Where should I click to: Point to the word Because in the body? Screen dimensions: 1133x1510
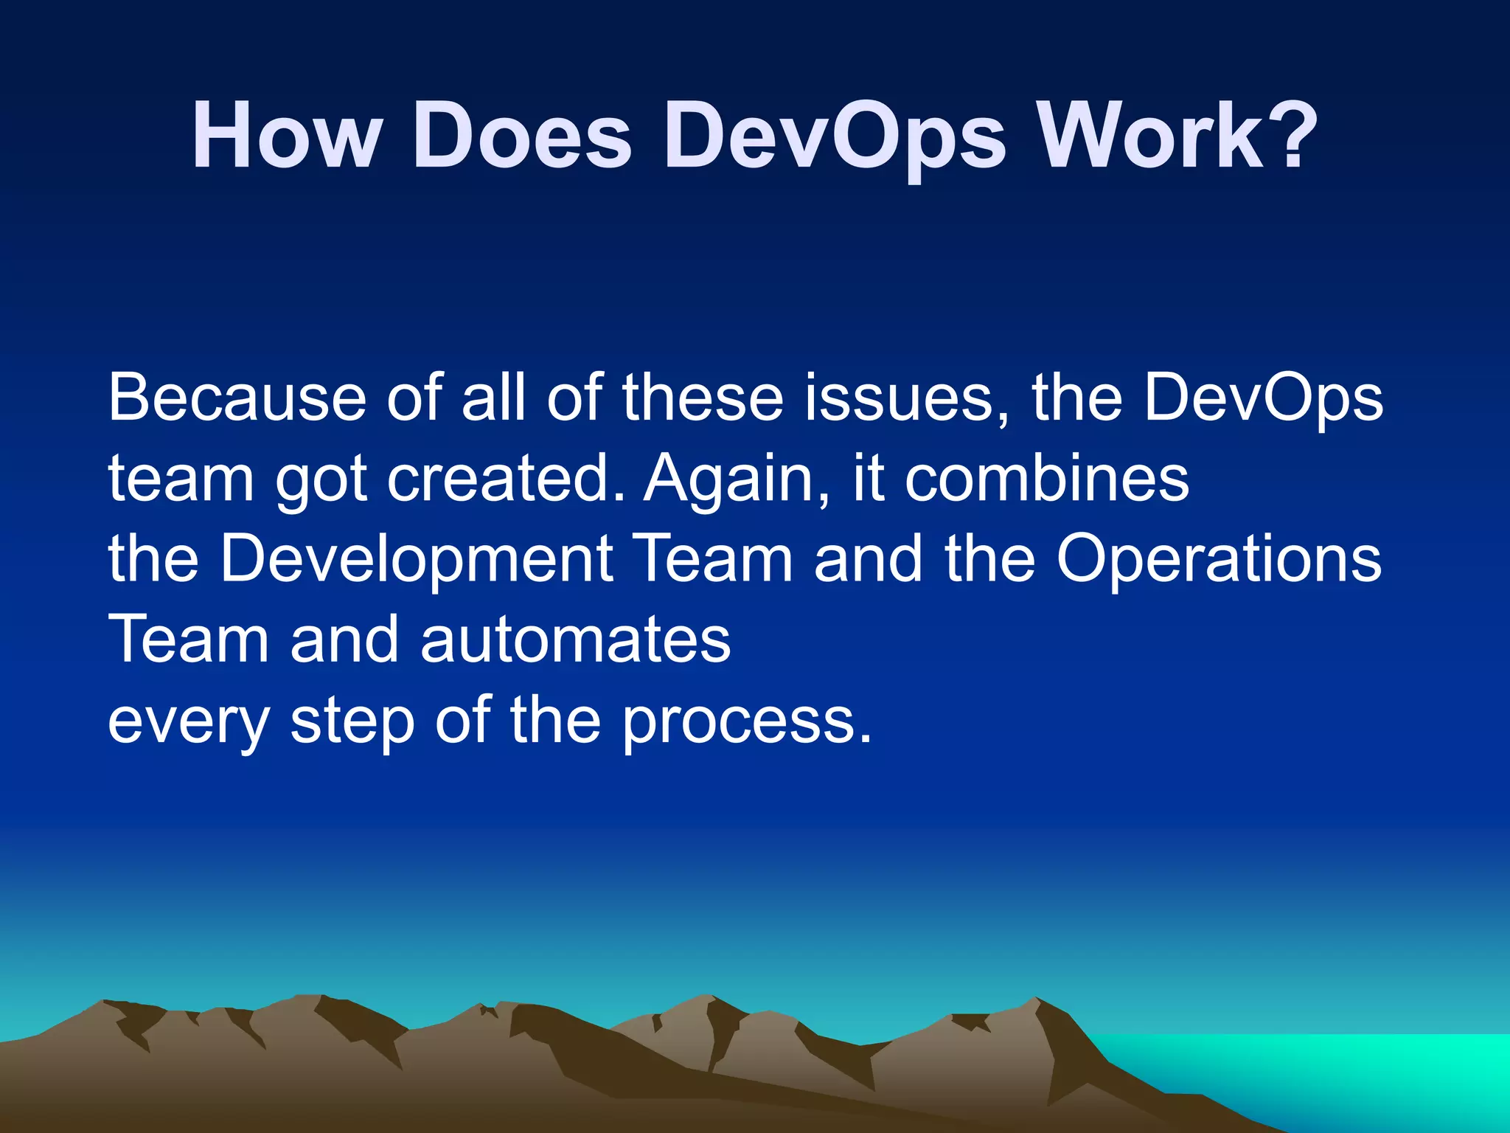237,398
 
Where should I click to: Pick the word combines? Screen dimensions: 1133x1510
1047,479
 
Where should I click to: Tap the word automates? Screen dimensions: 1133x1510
575,640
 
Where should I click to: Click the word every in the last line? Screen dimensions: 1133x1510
189,723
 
